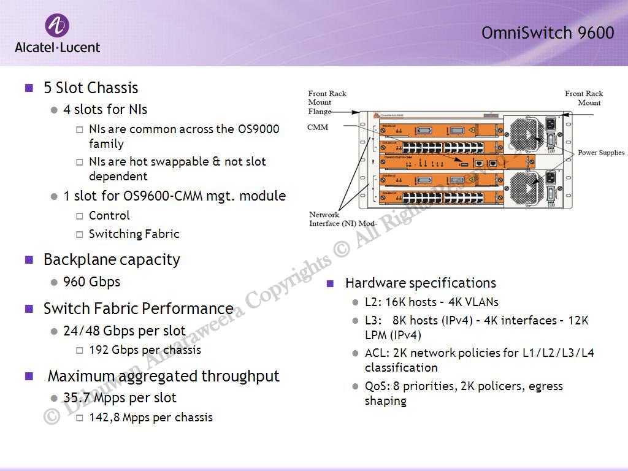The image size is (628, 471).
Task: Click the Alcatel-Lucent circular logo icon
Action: (57, 26)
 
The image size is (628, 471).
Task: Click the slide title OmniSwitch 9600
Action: (547, 33)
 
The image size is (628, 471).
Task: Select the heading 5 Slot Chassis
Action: (91, 88)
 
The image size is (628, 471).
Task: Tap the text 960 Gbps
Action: (92, 281)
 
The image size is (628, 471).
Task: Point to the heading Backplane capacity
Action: (112, 259)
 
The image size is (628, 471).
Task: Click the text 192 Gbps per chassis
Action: (145, 350)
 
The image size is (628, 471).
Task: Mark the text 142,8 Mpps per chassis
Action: (150, 417)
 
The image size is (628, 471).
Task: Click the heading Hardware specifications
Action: (420, 283)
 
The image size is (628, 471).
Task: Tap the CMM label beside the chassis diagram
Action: (318, 127)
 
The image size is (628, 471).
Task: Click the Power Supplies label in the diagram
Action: (600, 152)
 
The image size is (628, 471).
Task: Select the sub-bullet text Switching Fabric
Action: (134, 234)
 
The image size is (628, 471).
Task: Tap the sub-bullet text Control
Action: (109, 215)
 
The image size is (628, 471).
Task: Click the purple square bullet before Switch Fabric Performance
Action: (29, 308)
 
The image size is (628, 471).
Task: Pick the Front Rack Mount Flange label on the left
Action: (327, 102)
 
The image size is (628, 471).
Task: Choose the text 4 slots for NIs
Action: (105, 109)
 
